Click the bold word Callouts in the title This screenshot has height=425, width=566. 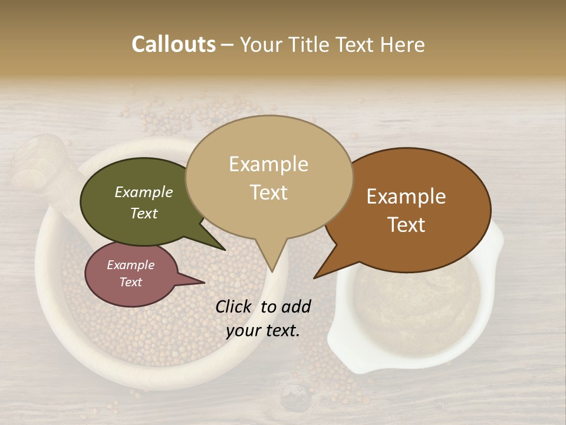173,45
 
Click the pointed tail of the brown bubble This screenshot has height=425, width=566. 327,269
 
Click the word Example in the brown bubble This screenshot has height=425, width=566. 406,197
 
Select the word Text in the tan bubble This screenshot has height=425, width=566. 269,192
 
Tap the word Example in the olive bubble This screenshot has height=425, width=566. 144,192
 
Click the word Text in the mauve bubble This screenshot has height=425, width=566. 131,282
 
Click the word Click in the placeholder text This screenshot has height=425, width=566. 235,306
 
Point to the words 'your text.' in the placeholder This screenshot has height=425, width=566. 263,331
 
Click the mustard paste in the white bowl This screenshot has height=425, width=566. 413,307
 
